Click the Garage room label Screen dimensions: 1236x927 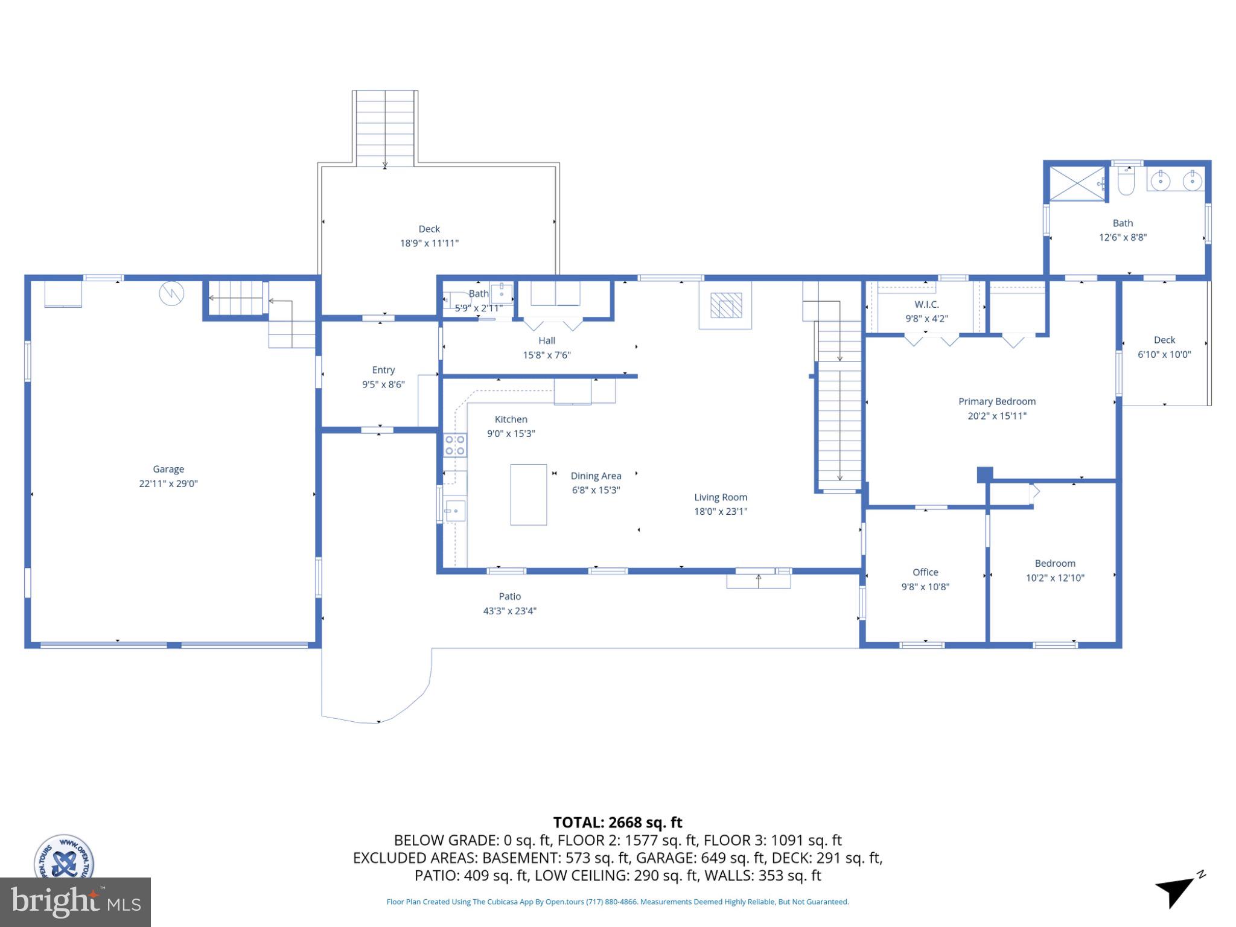coord(168,469)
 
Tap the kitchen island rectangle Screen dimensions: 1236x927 coord(529,494)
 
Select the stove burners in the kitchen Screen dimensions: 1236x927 coord(455,445)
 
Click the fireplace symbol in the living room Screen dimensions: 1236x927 coord(725,305)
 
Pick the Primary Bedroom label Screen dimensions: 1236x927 coord(997,401)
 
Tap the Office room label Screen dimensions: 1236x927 coord(925,572)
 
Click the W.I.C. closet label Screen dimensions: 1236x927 coord(926,304)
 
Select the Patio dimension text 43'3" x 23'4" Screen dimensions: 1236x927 coord(510,611)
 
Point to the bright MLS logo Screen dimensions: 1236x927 coord(75,902)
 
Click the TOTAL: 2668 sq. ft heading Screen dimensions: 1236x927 coord(618,823)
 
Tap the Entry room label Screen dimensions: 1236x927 coord(383,370)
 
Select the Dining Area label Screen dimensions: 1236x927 coord(596,476)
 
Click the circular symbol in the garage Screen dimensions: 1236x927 coord(171,294)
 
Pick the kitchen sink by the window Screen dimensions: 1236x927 coord(455,511)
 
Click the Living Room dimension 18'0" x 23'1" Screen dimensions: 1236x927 coord(721,512)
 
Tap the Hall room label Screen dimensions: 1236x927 coord(547,340)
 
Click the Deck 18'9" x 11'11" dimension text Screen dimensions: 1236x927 coord(429,243)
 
